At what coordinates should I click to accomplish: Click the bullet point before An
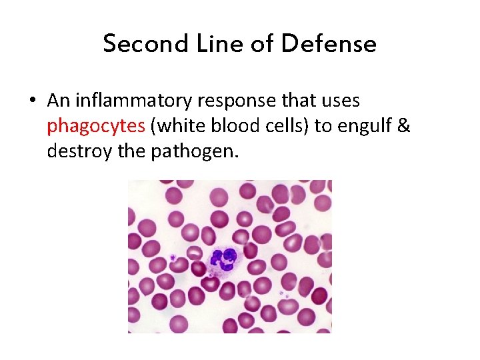32,101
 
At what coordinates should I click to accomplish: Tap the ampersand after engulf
403,127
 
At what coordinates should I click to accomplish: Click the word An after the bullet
59,101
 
